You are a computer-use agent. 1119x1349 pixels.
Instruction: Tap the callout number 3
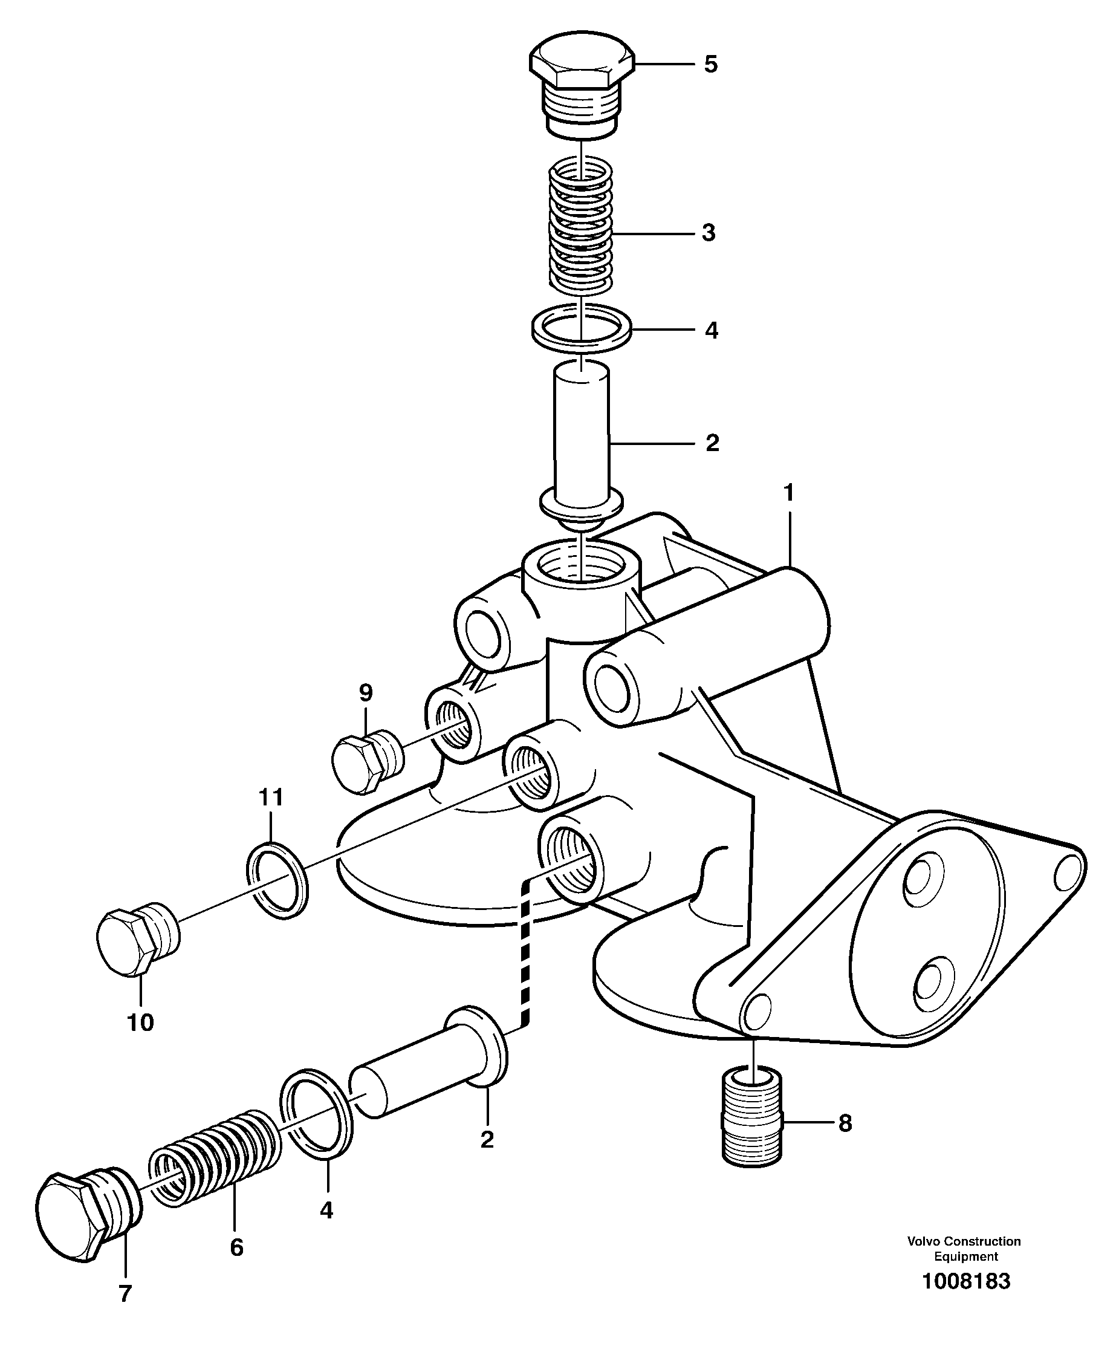click(x=708, y=233)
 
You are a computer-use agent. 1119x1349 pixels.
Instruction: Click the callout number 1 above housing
click(x=789, y=493)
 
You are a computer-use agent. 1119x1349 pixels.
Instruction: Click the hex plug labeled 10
click(x=137, y=940)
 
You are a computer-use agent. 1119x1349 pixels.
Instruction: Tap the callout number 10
click(x=141, y=1021)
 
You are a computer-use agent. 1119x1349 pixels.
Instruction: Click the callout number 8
click(x=845, y=1123)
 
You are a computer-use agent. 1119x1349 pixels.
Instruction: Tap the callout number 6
click(x=236, y=1247)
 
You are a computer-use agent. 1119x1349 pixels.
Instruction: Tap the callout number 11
click(x=270, y=797)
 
